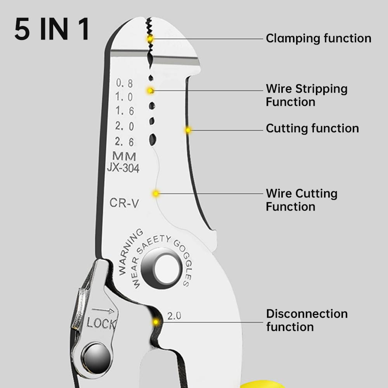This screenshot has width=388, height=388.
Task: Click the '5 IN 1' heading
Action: pos(52,29)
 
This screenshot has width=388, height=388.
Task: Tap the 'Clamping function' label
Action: pos(318,38)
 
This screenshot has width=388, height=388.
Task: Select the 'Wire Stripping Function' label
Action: pos(306,95)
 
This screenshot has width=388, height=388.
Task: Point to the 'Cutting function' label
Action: pos(312,128)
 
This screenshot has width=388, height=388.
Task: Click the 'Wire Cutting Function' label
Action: pos(301,200)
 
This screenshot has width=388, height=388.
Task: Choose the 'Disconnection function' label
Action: pos(307,320)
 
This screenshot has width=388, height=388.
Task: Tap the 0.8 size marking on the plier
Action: pos(125,83)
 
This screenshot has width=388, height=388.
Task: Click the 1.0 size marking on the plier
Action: pos(125,97)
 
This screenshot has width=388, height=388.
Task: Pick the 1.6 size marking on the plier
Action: pos(125,111)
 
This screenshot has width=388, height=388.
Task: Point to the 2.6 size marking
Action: pos(125,142)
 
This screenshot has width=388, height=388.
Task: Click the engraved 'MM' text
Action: pos(124,157)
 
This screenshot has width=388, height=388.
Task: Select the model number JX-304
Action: pos(123,168)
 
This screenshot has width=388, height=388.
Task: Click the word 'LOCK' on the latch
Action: pos(101,323)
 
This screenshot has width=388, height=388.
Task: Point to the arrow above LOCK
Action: pos(103,311)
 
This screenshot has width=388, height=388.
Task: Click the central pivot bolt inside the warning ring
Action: pos(161,268)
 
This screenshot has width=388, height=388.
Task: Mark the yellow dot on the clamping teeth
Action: pos(150,39)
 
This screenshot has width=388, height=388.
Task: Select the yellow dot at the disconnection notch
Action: pos(156,322)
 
